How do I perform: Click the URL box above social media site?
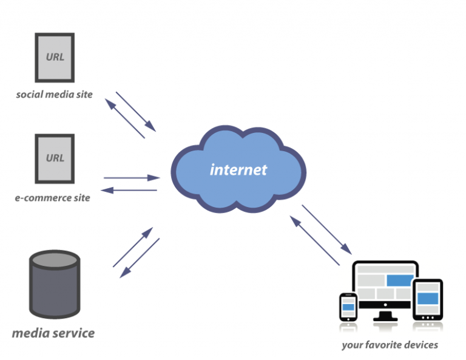click(x=55, y=58)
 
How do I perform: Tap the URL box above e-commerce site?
click(x=55, y=158)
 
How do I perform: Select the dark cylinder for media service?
click(x=55, y=285)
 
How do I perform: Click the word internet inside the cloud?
click(x=238, y=169)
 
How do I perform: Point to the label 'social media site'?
click(x=55, y=95)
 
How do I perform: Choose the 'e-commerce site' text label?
click(x=53, y=198)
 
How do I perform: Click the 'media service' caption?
click(x=53, y=333)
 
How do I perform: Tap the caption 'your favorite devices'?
click(x=390, y=345)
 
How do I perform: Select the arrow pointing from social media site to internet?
click(x=136, y=112)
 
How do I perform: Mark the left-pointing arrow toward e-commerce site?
click(x=129, y=190)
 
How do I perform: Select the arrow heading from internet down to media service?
click(x=140, y=257)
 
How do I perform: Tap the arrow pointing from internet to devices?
click(x=326, y=229)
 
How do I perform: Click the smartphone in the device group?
click(x=348, y=307)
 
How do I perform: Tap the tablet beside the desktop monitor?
click(x=428, y=299)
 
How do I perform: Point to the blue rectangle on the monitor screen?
click(x=400, y=280)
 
